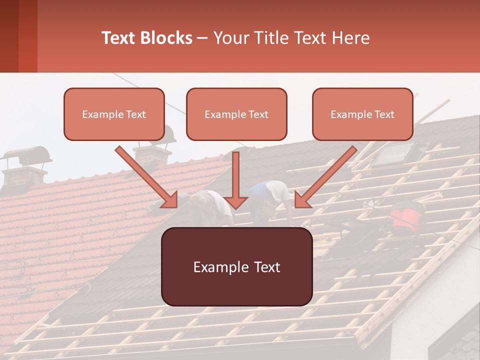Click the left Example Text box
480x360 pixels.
pos(114,114)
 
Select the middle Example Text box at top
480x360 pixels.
pos(236,114)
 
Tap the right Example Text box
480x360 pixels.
pos(362,114)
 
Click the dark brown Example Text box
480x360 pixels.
pos(236,266)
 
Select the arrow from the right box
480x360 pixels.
pos(325,177)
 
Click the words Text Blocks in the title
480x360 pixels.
pos(147,38)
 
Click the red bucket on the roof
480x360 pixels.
pos(405,216)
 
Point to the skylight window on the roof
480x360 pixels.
pos(394,153)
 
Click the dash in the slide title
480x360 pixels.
pos(202,38)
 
